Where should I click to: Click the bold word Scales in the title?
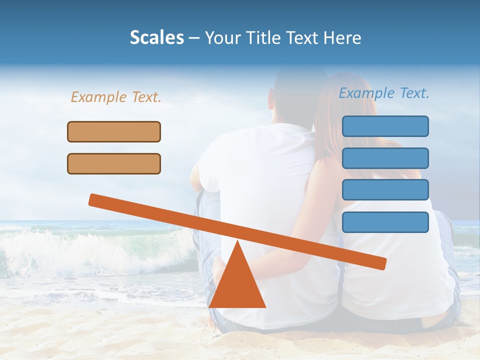point(156,37)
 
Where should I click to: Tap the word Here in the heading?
point(342,37)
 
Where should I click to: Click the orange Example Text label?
point(116,97)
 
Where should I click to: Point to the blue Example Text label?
point(384,93)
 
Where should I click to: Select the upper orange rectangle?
point(114,131)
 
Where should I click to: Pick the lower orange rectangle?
point(114,163)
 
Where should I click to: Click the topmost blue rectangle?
point(385,126)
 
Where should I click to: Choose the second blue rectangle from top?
point(385,158)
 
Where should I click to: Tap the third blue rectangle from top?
point(385,189)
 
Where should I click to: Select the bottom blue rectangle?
point(385,222)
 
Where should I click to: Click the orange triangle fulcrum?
point(237,285)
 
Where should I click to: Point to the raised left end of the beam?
point(93,199)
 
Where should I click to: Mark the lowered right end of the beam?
point(382,263)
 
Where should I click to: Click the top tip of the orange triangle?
point(238,242)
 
